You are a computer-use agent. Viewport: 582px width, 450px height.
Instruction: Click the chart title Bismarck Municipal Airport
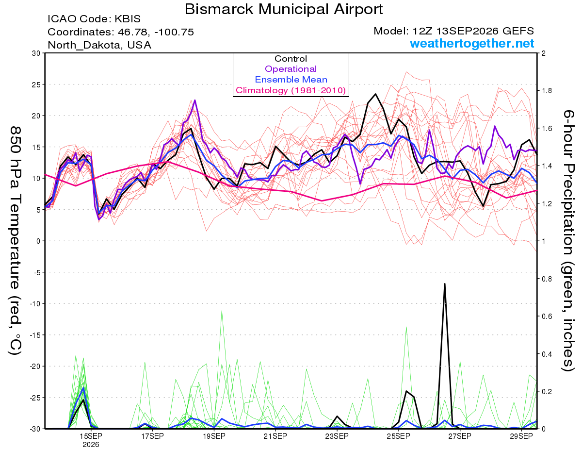coord(284,9)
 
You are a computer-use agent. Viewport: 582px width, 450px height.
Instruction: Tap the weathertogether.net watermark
coord(472,43)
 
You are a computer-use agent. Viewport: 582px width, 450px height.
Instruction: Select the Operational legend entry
coord(291,69)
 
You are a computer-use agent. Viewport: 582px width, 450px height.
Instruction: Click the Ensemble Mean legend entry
coord(291,80)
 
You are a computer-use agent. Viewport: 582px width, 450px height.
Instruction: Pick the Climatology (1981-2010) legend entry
coord(291,90)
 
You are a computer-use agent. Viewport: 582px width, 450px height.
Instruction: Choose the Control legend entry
coord(291,59)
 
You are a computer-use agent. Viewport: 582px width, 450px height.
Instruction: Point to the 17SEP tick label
coord(152,436)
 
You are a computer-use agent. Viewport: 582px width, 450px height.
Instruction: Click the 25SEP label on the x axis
coord(399,436)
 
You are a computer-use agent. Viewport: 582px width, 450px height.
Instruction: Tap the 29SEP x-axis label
coord(521,436)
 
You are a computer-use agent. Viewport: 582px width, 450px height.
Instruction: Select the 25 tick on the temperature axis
coord(36,84)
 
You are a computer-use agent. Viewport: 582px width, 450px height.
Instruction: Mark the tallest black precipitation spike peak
coord(445,283)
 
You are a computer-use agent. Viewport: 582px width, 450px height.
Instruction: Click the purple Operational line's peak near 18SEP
coord(195,100)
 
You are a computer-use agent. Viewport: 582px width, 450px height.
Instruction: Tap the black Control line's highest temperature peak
coord(375,94)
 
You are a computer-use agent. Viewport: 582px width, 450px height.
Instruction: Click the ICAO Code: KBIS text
coord(94,19)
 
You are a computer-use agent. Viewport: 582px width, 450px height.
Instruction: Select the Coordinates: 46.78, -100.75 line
coord(121,32)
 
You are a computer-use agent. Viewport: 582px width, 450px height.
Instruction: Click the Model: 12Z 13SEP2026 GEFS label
coord(453,31)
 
